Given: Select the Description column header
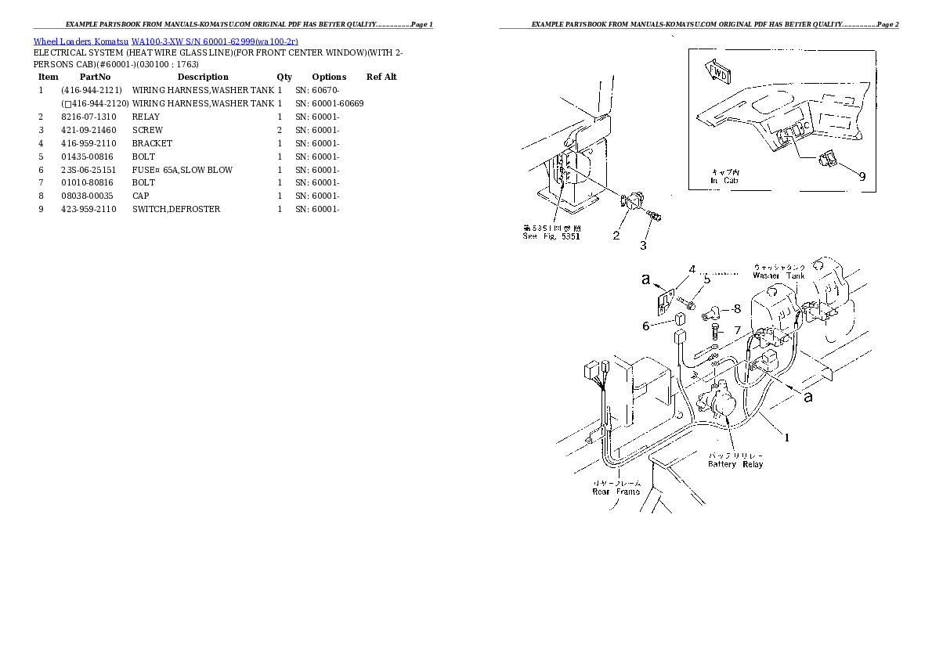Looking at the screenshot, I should tap(203, 77).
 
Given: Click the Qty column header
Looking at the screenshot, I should tap(284, 77).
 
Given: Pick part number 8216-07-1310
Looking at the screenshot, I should tap(89, 117).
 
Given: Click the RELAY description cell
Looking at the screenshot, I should tap(146, 117).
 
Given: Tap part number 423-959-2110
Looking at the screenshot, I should tap(89, 209).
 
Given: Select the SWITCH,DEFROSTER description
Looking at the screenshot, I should tap(176, 209).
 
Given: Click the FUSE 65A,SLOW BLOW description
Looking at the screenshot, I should tap(182, 170).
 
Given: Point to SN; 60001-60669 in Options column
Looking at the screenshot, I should tap(329, 103).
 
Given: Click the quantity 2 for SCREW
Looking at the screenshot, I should tap(279, 130).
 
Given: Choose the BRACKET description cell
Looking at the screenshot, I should tap(152, 143).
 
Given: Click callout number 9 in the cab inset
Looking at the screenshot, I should tap(862, 176).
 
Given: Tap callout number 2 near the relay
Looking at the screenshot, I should tap(616, 235).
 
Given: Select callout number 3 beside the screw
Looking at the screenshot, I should tap(643, 246).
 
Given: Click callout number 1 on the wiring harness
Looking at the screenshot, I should tap(787, 438).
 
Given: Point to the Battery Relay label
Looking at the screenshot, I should tap(735, 464).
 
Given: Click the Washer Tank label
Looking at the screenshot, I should tap(778, 275).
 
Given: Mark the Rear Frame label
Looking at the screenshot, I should tap(616, 492).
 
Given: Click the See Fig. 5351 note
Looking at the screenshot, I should tap(551, 236).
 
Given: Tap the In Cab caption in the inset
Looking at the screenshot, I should tap(724, 181).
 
